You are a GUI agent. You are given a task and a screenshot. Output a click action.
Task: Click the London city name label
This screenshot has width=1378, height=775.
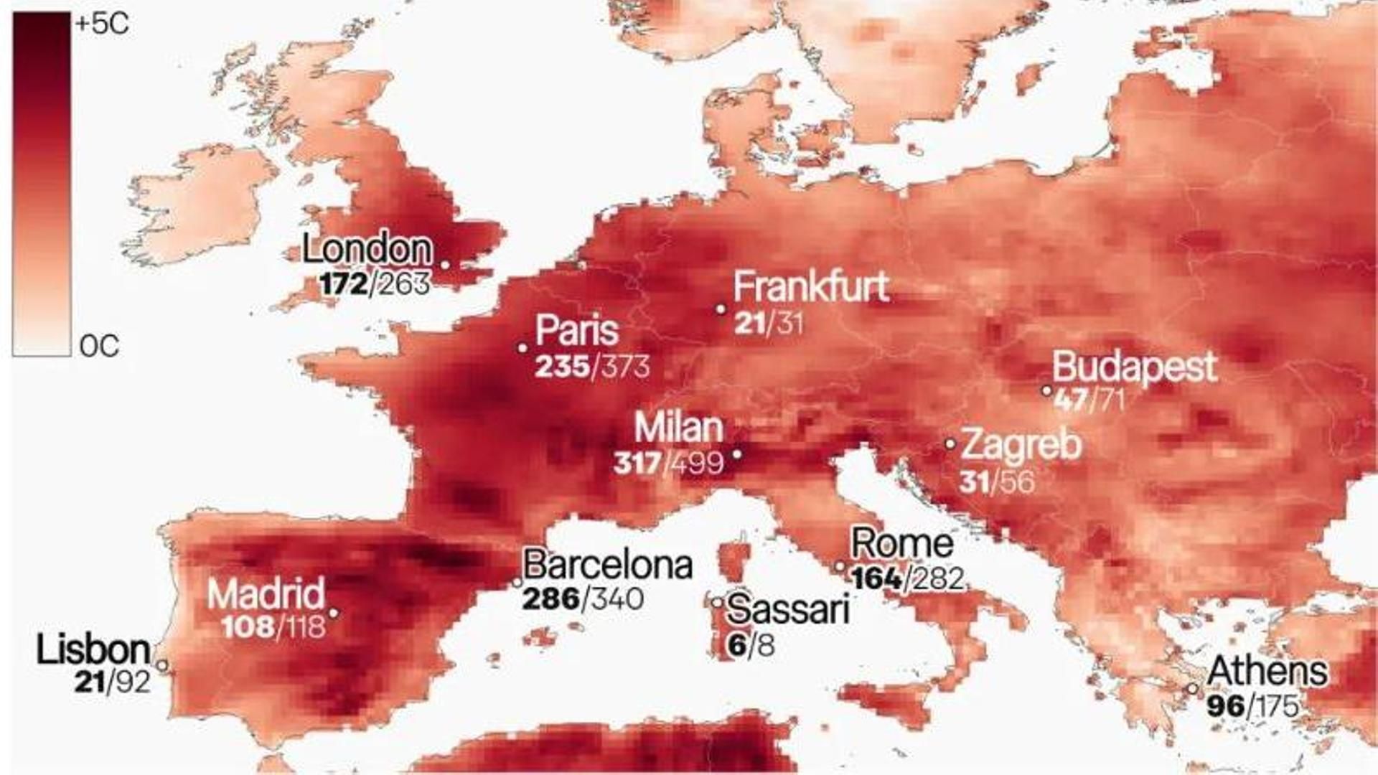pos(367,249)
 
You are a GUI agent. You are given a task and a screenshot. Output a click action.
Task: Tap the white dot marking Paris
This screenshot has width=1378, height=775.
pos(522,348)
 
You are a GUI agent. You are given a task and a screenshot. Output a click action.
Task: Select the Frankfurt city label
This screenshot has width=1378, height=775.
pos(811,286)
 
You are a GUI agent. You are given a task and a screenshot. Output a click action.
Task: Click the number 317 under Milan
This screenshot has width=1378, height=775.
pos(637,463)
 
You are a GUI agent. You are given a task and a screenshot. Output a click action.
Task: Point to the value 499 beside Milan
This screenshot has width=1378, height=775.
pos(696,463)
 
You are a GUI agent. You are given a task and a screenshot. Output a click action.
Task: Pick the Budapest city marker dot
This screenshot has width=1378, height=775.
pos(1046,391)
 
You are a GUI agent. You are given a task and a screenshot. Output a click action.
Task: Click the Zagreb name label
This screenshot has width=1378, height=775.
pos(1021,444)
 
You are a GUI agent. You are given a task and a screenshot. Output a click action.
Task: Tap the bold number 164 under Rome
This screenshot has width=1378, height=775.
pos(876,578)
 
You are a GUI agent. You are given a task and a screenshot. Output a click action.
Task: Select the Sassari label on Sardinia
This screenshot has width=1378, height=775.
pos(787,610)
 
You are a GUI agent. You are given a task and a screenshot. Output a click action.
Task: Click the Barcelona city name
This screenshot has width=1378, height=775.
pos(607,565)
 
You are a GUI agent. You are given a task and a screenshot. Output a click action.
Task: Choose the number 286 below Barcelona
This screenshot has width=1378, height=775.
pos(550,598)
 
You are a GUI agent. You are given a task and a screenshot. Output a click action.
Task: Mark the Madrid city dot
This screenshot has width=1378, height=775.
pos(333,614)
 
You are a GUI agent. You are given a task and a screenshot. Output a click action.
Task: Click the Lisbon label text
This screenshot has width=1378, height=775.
pos(93,650)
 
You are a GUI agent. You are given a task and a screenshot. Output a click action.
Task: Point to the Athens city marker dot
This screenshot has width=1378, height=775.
pos(1192,688)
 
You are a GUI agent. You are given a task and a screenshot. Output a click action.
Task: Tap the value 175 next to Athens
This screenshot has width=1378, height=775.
pos(1277,706)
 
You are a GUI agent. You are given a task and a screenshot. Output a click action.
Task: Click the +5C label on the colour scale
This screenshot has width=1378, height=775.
pos(102,24)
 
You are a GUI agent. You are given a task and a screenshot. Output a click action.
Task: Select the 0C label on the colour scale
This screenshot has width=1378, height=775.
pos(99,347)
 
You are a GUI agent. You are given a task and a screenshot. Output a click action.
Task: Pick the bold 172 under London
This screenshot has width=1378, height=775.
pos(343,284)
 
